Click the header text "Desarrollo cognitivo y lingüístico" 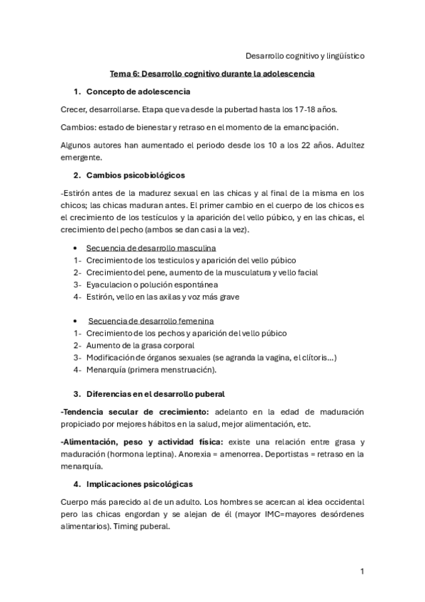point(305,55)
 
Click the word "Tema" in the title point(121,73)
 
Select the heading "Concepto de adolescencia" point(138,92)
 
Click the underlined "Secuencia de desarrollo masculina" point(151,248)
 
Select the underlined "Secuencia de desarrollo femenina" point(151,321)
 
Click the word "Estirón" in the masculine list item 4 point(101,297)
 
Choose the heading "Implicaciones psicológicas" point(139,483)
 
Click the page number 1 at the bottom point(362,571)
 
